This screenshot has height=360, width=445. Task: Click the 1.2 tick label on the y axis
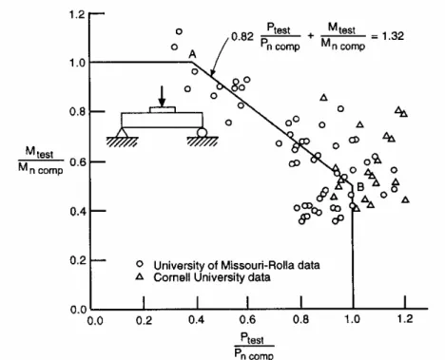[x=77, y=14]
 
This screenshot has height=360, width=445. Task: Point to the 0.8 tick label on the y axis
[x=78, y=112]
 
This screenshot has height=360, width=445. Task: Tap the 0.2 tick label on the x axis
[x=145, y=320]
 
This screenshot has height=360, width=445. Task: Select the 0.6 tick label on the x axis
[x=247, y=319]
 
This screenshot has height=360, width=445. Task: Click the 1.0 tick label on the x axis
[x=352, y=319]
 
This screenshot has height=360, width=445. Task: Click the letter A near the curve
[x=192, y=54]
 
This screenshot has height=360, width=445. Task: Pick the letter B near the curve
[x=360, y=187]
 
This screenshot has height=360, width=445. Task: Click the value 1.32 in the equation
[x=393, y=36]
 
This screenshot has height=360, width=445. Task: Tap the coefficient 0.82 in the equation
[x=242, y=37]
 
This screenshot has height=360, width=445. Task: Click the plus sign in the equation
[x=311, y=36]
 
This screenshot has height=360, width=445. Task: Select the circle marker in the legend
[x=140, y=264]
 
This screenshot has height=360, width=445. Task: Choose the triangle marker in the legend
[x=140, y=276]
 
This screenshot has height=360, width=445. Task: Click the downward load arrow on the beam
[x=162, y=97]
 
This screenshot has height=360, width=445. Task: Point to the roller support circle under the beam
[x=202, y=133]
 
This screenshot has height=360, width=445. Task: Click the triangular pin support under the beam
[x=122, y=132]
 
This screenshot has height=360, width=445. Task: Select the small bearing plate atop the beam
[x=163, y=109]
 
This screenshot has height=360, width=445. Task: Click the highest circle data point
[x=179, y=31]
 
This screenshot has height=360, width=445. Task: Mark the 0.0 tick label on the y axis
[x=78, y=310]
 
